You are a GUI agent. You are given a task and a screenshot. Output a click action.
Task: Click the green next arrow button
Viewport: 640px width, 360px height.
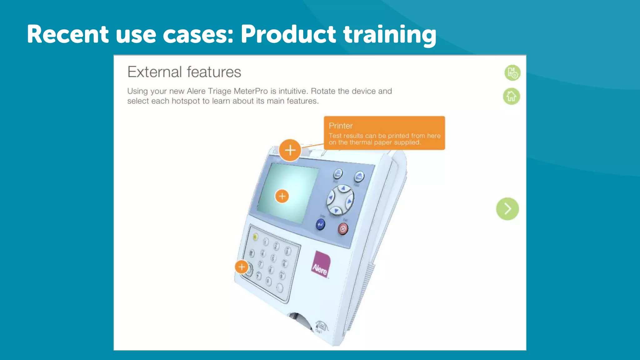pos(507,209)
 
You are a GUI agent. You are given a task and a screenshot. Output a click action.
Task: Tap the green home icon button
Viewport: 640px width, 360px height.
pos(512,96)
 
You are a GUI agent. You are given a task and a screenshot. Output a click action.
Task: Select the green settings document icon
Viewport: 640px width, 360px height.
pos(512,73)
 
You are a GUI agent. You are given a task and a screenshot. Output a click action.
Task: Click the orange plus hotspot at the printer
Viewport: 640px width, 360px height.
pos(290,150)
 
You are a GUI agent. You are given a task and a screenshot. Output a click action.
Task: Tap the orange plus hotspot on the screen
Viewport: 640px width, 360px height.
pos(282,196)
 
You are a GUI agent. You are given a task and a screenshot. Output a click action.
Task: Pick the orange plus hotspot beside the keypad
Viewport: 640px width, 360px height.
pos(242,267)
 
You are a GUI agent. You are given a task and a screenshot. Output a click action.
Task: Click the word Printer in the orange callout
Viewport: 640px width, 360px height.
pos(341,126)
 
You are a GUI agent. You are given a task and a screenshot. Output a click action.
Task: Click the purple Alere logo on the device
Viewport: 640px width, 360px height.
pos(321,264)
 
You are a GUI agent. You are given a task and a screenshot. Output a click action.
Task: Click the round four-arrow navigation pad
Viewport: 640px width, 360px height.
pos(340,199)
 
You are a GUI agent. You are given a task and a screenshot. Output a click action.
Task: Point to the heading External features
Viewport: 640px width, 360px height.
pos(184,72)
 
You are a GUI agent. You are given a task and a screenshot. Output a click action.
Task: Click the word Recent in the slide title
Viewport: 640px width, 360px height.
pos(67,34)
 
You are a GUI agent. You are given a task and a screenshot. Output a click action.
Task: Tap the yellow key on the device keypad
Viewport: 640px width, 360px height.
pos(255,237)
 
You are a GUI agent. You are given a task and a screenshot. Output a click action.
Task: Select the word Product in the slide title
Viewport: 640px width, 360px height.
pos(288,34)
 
